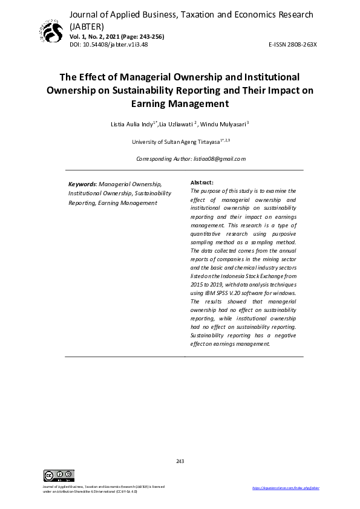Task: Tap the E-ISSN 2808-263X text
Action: click(x=292, y=45)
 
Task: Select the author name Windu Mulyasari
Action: click(x=226, y=124)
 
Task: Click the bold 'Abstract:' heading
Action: click(x=201, y=182)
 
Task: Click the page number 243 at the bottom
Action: click(x=180, y=461)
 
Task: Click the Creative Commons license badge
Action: click(x=59, y=475)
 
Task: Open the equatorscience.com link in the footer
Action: click(x=284, y=487)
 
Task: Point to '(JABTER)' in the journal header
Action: click(x=87, y=27)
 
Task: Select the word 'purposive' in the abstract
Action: click(x=283, y=233)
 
